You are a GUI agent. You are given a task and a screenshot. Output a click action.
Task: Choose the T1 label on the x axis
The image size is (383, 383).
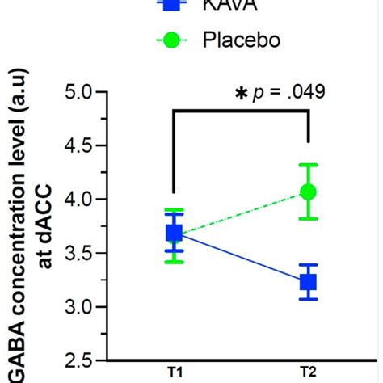(x=174, y=372)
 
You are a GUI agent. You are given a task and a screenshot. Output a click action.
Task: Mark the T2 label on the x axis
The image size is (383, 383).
(x=308, y=372)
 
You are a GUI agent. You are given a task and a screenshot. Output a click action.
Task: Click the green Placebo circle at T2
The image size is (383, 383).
(x=308, y=191)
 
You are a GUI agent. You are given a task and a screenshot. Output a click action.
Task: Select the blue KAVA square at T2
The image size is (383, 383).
(x=308, y=282)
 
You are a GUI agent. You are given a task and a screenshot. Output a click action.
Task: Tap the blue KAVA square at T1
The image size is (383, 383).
(x=174, y=233)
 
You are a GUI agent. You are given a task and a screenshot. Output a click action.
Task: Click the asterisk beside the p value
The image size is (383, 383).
(x=240, y=95)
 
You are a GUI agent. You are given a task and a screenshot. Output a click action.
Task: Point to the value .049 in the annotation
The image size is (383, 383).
(x=306, y=92)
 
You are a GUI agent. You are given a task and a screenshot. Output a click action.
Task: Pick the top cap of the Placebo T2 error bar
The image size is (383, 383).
(x=308, y=165)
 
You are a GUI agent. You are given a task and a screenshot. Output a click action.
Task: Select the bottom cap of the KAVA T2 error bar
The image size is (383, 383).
(x=308, y=299)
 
